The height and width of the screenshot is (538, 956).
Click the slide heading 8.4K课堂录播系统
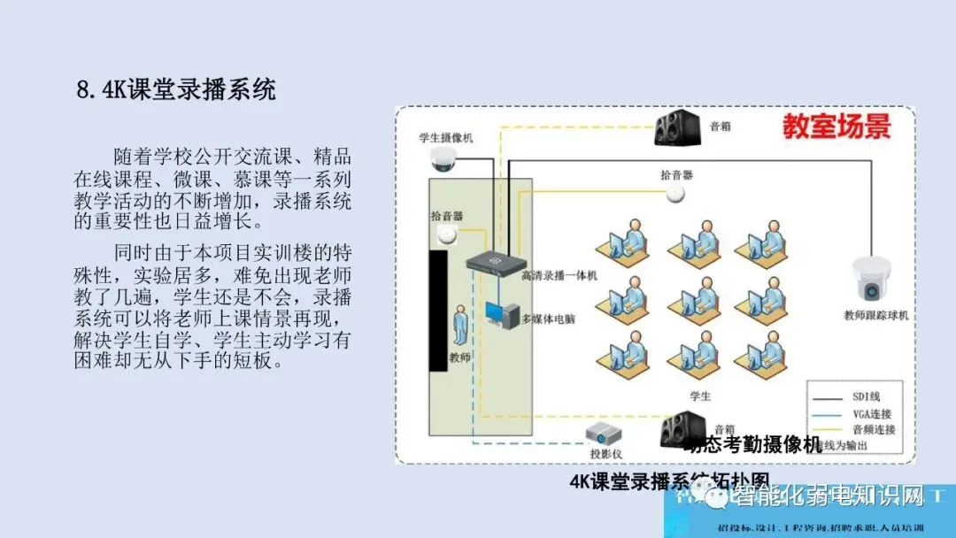click(x=176, y=89)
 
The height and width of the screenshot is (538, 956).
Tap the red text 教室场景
click(x=836, y=127)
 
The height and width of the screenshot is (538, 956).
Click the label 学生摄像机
click(x=446, y=138)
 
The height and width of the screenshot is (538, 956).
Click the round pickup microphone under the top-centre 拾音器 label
click(x=676, y=193)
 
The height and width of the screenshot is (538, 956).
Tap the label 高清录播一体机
click(x=559, y=276)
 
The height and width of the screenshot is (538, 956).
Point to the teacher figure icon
click(x=460, y=327)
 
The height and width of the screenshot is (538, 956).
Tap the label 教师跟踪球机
click(x=875, y=316)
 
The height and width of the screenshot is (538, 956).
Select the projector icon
click(x=605, y=434)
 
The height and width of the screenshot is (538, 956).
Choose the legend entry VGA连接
click(x=872, y=412)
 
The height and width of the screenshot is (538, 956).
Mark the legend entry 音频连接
click(x=873, y=429)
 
